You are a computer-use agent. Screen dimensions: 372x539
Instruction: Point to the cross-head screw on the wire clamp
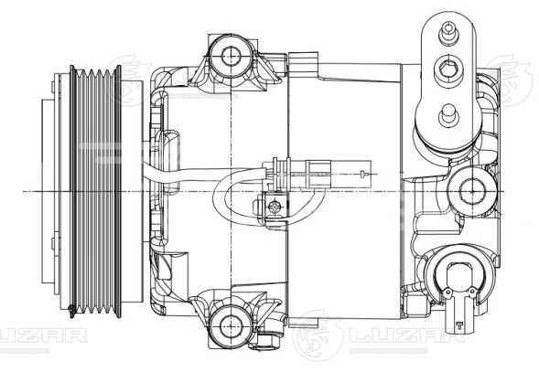pyautogui.click(x=274, y=207)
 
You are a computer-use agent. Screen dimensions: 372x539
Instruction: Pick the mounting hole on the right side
pyautogui.click(x=472, y=190)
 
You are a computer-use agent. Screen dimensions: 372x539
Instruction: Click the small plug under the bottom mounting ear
pyautogui.click(x=266, y=345)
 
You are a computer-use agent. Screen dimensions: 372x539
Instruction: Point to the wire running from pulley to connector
pyautogui.click(x=192, y=173)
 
